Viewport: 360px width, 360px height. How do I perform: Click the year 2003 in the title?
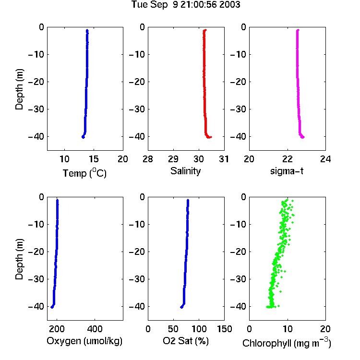pyautogui.click(x=229, y=5)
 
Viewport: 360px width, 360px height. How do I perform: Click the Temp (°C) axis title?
pyautogui.click(x=84, y=173)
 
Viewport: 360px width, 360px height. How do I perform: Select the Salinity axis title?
pyautogui.click(x=185, y=171)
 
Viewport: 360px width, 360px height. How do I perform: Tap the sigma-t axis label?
pyautogui.click(x=287, y=171)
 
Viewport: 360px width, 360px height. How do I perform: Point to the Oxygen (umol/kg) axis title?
pyautogui.click(x=84, y=341)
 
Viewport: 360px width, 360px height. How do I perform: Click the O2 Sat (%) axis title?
pyautogui.click(x=186, y=341)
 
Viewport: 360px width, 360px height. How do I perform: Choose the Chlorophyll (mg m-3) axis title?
pyautogui.click(x=287, y=343)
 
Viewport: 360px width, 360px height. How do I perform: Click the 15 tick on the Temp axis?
pyautogui.click(x=94, y=159)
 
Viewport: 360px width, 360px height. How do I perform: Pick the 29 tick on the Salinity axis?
pyautogui.click(x=173, y=159)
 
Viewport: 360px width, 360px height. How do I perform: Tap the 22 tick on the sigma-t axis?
pyautogui.click(x=288, y=159)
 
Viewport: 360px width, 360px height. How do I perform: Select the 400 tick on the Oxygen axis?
pyautogui.click(x=95, y=329)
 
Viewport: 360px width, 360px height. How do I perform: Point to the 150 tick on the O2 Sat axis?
pyautogui.click(x=224, y=329)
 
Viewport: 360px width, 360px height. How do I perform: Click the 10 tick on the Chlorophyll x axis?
pyautogui.click(x=288, y=329)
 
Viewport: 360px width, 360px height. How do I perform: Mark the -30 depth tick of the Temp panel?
pyautogui.click(x=36, y=109)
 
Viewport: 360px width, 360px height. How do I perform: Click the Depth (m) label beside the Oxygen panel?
pyautogui.click(x=19, y=259)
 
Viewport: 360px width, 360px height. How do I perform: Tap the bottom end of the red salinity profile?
pyautogui.click(x=211, y=137)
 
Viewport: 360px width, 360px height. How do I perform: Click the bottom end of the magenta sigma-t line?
pyautogui.click(x=303, y=137)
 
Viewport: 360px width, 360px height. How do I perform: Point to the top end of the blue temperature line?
pyautogui.click(x=87, y=30)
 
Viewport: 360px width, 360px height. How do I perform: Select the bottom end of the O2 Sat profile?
pyautogui.click(x=181, y=307)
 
